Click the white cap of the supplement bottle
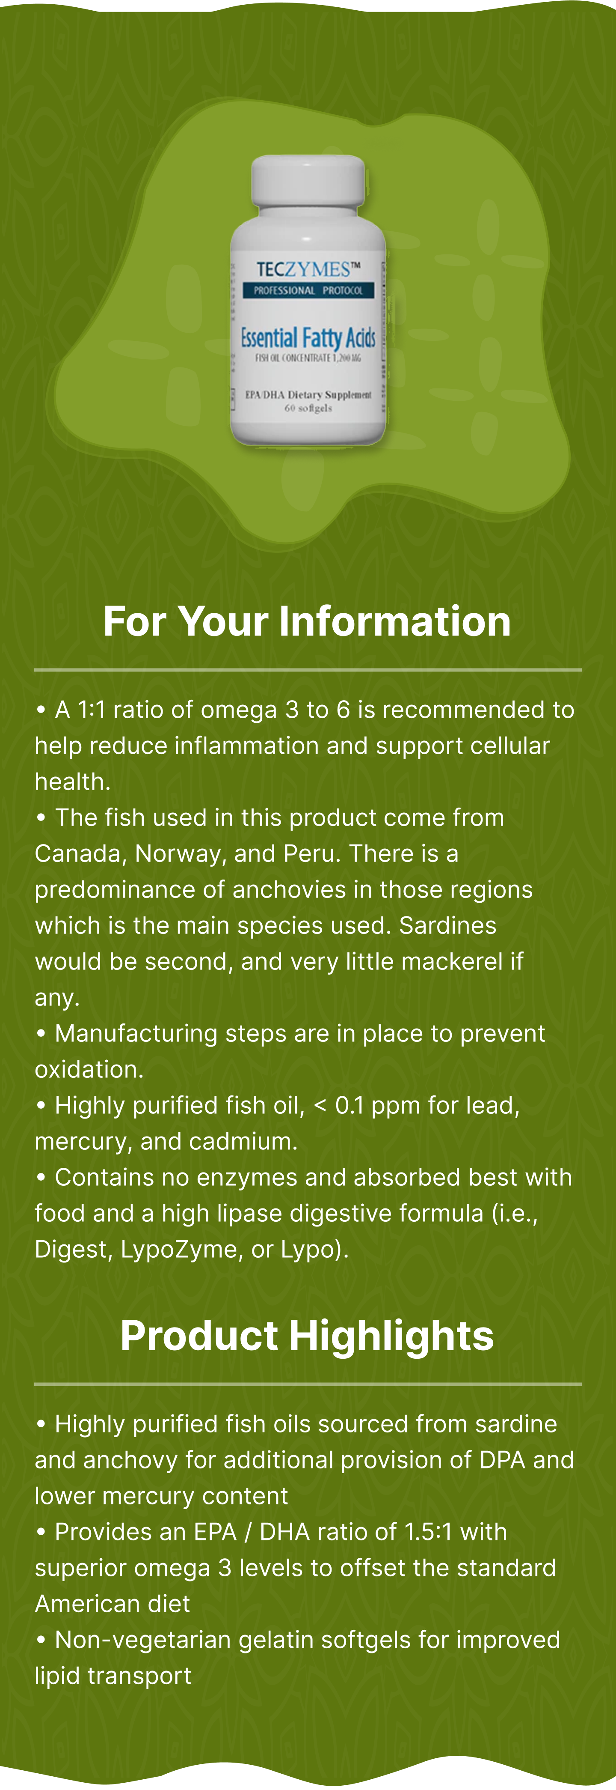pos(308,181)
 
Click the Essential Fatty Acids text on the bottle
pos(308,338)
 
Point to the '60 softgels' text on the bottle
pos(308,408)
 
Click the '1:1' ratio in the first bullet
pos(91,710)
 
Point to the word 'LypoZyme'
pos(178,1250)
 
